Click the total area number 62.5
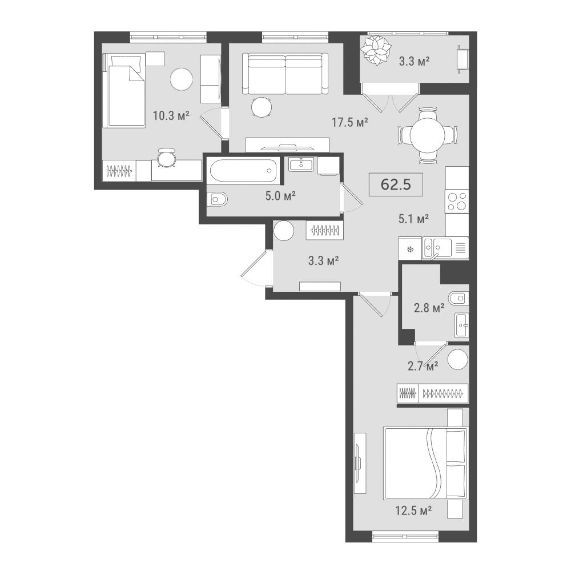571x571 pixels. tap(396, 184)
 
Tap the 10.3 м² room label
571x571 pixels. tap(171, 116)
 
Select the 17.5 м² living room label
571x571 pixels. tap(349, 122)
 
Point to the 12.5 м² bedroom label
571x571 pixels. tap(413, 511)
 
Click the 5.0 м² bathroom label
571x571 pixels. tap(280, 196)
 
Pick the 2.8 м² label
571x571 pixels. tap(429, 308)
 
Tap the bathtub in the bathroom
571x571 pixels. tap(243, 170)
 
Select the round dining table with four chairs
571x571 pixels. tap(428, 136)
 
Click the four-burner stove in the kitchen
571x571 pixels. tap(457, 202)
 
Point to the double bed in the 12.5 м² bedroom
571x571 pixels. tap(425, 464)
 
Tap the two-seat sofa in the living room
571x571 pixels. tap(285, 74)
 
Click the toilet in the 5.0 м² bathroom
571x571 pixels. tap(218, 199)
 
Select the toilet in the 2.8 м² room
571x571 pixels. tap(459, 299)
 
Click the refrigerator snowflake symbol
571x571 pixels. tap(411, 250)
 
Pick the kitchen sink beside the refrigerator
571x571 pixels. tap(437, 248)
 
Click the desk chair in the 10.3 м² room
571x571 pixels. tap(166, 158)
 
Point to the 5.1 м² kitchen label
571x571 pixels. tap(413, 219)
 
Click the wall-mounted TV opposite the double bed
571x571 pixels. tap(359, 463)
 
